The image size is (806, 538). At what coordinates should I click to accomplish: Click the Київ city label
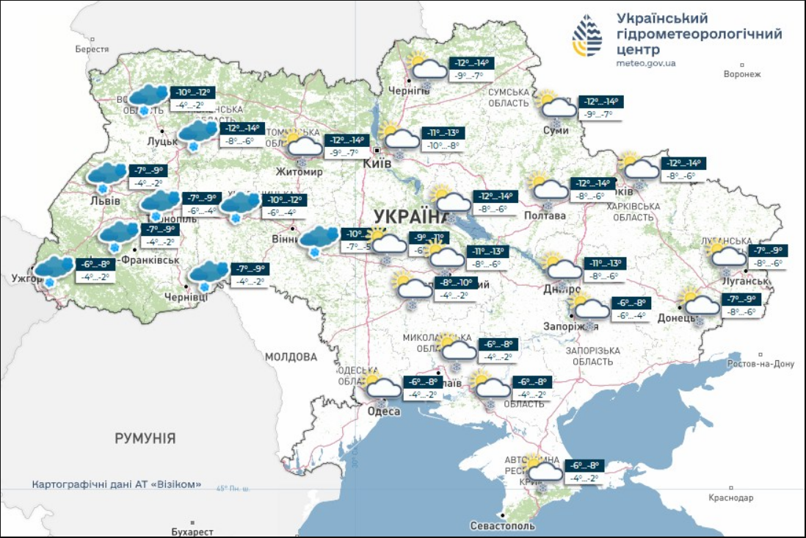click(377, 163)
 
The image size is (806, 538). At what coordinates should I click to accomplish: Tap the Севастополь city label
click(503, 526)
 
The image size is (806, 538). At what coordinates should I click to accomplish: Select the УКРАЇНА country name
click(412, 217)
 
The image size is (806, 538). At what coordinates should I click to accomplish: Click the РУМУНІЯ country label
click(145, 439)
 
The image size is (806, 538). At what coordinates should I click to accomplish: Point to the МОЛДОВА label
click(291, 357)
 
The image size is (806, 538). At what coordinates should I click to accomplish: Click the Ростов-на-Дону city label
click(760, 364)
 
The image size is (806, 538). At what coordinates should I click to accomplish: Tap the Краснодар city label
click(730, 498)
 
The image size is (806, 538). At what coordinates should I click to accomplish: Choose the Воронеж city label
click(742, 74)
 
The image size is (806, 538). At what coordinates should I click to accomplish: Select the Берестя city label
click(92, 49)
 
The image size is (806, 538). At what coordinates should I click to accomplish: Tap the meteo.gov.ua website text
click(646, 63)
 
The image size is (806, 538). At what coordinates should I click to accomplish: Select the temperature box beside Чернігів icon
click(470, 68)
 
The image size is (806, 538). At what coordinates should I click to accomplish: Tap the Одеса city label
click(383, 412)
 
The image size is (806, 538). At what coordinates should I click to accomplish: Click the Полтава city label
click(545, 215)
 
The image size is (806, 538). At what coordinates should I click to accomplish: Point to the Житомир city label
click(299, 172)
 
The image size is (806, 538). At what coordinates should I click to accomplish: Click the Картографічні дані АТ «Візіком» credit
click(117, 485)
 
